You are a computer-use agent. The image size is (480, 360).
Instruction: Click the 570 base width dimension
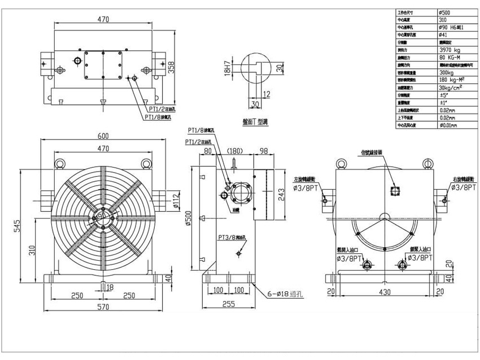point(103,308)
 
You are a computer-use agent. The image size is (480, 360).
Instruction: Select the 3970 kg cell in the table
point(450,50)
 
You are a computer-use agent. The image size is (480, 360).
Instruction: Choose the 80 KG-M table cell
point(451,57)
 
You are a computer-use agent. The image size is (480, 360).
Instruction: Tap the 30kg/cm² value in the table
point(451,87)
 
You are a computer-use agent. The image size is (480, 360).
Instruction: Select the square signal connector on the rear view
point(394,190)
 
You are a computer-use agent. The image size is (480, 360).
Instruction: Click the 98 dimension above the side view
point(264,151)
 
